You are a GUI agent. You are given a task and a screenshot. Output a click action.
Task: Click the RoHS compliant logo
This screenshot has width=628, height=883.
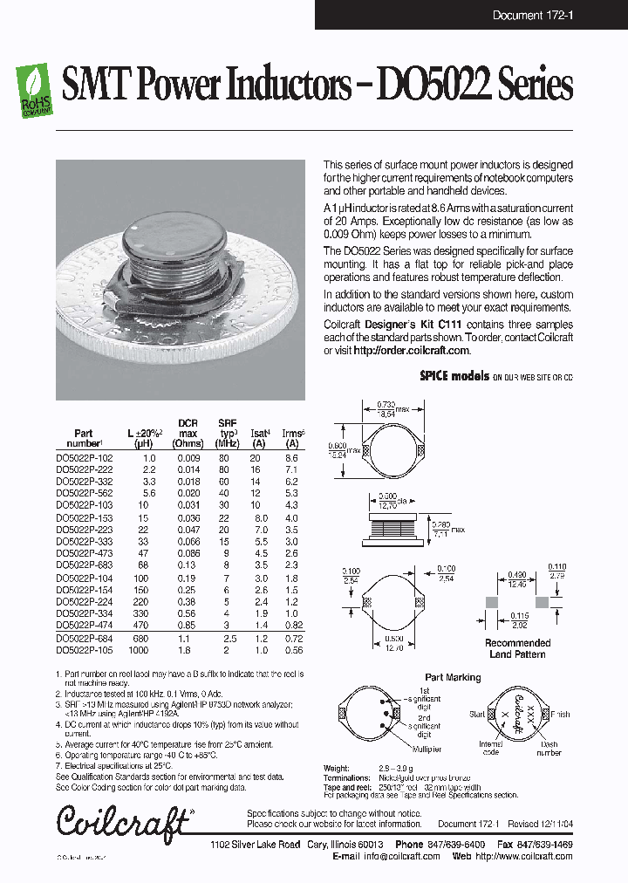(x=34, y=90)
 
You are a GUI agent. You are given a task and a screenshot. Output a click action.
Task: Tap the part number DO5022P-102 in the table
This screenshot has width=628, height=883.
(x=84, y=458)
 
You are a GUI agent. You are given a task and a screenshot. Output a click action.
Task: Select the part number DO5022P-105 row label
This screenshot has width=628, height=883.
(x=84, y=651)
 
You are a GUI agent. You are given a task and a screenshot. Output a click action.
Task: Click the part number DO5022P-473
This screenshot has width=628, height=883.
(x=84, y=553)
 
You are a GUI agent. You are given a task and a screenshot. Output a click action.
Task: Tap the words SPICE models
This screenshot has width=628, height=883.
(x=454, y=376)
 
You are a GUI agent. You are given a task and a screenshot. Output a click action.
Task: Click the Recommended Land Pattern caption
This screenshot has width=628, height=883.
(x=518, y=648)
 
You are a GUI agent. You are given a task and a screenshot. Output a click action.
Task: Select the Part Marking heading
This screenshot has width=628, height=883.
(x=452, y=677)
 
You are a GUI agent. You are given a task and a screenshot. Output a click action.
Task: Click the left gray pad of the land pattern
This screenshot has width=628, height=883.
(x=492, y=603)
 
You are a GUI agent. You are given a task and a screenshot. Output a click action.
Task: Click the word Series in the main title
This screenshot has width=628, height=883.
(x=536, y=86)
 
